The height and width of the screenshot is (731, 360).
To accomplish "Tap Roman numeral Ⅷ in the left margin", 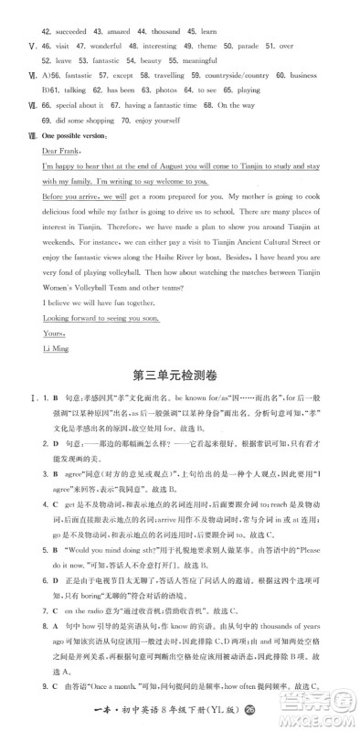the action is pos(20,136).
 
